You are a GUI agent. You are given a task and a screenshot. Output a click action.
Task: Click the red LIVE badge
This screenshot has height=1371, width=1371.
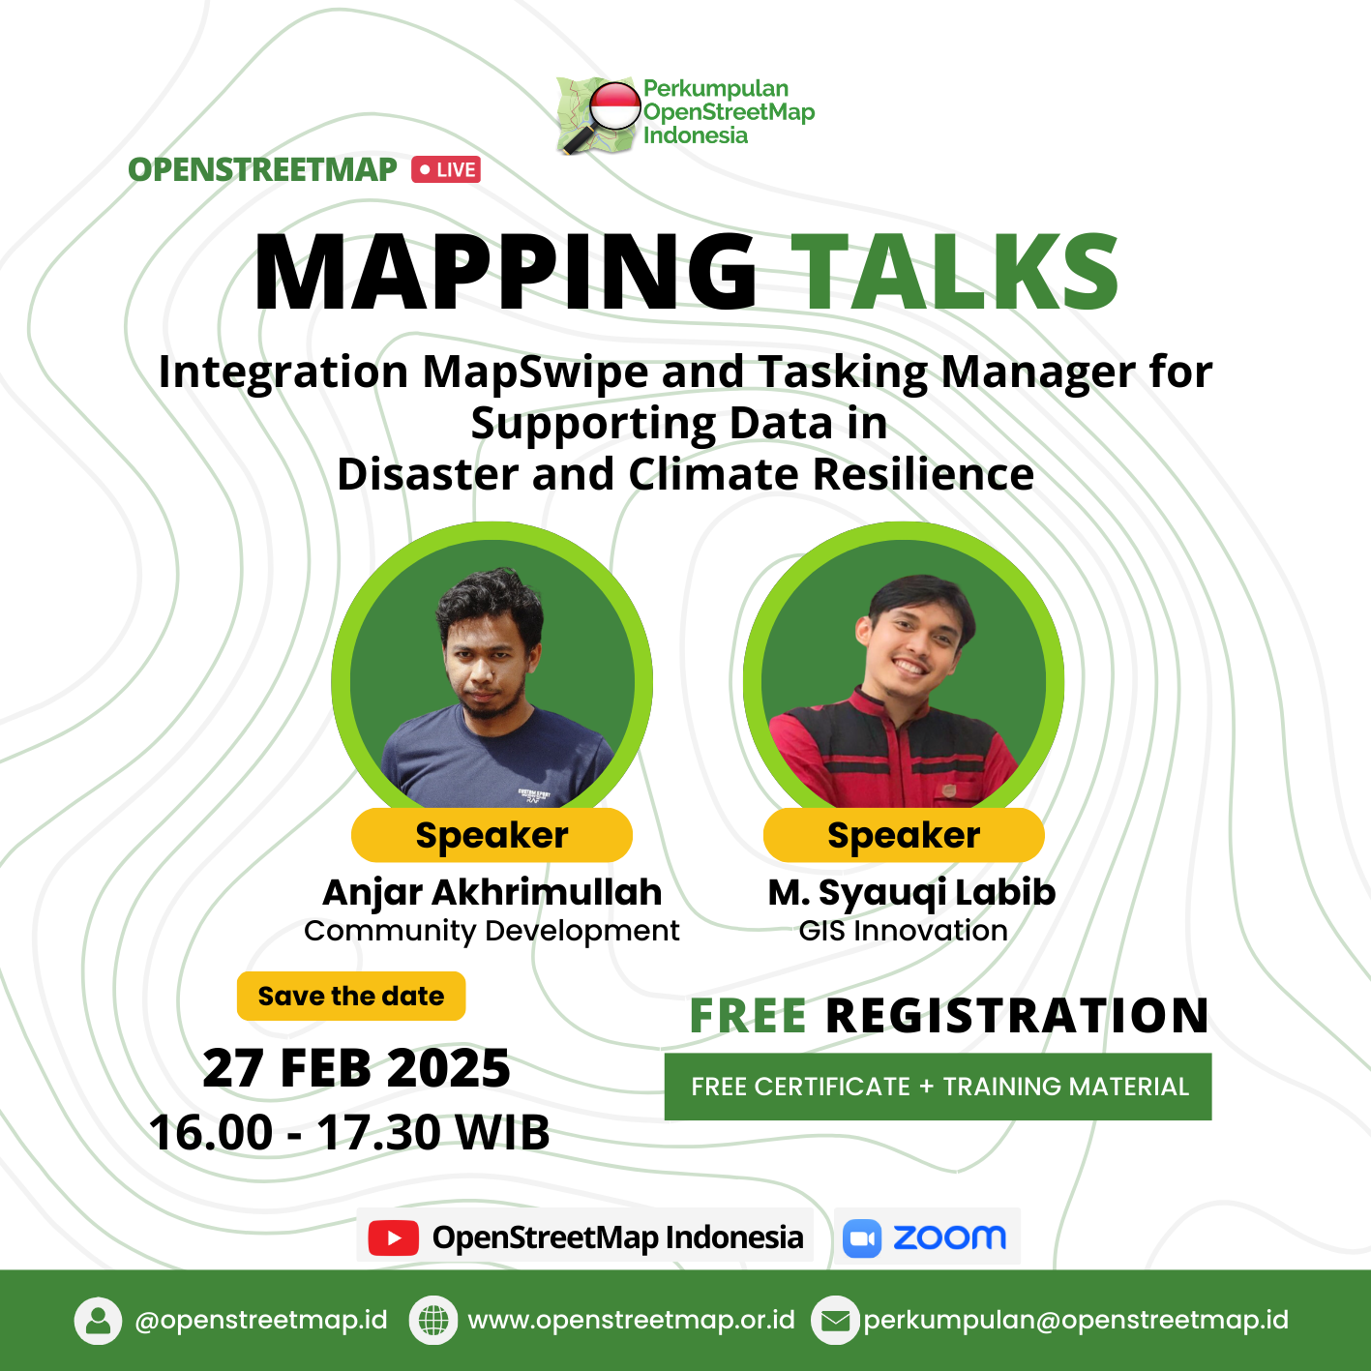point(445,169)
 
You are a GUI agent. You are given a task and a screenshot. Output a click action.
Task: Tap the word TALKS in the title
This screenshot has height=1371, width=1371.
point(956,273)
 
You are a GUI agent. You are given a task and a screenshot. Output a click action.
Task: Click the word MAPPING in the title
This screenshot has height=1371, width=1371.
point(505,273)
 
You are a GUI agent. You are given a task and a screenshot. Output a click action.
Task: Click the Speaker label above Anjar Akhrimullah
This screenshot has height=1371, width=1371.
point(492,835)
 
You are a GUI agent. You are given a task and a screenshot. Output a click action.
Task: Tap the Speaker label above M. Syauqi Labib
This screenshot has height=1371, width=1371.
point(904,835)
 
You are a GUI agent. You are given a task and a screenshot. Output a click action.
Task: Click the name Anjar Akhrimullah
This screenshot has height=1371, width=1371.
point(492,892)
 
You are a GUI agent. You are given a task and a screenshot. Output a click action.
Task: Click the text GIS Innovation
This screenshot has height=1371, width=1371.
point(904,931)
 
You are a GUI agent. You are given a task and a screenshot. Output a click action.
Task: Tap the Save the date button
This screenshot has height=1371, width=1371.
point(351,996)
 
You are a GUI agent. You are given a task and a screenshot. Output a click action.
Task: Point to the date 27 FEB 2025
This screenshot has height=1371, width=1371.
point(356,1068)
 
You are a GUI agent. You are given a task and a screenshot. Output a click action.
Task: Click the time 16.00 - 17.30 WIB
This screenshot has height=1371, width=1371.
point(349,1133)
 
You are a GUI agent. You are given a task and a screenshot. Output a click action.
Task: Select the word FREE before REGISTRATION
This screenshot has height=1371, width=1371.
point(748,1015)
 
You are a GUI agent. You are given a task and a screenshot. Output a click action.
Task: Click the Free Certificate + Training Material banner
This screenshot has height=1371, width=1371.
point(938,1087)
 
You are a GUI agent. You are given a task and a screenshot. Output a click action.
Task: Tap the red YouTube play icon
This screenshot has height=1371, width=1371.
point(394,1237)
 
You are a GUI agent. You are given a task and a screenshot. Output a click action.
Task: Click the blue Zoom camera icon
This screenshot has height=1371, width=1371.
point(861,1237)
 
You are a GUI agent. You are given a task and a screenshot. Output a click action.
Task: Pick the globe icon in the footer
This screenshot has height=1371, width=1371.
point(433,1321)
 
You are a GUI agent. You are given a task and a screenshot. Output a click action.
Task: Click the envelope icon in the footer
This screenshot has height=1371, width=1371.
point(835,1321)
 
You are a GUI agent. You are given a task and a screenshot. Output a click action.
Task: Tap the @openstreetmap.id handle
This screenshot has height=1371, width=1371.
point(261,1321)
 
